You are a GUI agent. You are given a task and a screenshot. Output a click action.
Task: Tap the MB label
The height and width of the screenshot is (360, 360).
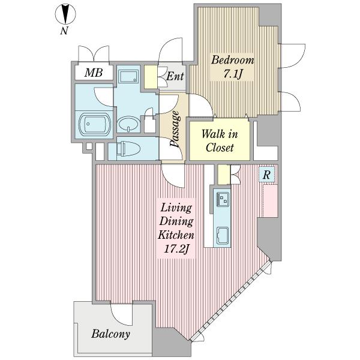coord(94,73)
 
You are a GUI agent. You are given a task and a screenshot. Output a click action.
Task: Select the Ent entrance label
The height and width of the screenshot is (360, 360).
coord(175,76)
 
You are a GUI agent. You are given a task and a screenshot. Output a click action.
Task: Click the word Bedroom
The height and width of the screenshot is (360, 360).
coord(233,60)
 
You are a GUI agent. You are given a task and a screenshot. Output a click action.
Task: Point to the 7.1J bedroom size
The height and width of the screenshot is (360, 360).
coord(233,74)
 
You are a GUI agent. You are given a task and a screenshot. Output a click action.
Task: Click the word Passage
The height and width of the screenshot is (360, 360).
coord(175,128)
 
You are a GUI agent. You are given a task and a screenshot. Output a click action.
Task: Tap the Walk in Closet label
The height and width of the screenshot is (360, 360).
coord(220,141)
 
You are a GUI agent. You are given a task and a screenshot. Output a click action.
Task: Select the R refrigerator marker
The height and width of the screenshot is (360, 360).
coord(266,175)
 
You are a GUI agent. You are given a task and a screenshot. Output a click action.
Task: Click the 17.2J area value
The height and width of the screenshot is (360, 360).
coord(176,249)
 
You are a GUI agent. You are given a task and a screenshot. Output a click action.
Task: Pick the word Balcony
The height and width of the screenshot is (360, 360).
coord(110,334)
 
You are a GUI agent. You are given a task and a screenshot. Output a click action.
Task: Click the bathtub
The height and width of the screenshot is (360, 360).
coord(95,124)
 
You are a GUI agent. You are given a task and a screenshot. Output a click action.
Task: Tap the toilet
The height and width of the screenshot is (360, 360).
coord(128,149)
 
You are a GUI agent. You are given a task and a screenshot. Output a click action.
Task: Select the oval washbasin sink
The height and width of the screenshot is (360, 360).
coord(128,124)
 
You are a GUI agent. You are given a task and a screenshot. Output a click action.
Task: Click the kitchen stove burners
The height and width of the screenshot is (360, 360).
coord(223,199)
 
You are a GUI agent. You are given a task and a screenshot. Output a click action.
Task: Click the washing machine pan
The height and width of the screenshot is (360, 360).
coord(128,76)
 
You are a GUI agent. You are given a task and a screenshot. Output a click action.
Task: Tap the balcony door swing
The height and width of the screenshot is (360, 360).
coord(121,314)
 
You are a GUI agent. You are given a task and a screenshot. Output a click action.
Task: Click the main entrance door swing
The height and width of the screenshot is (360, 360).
coord(170,50)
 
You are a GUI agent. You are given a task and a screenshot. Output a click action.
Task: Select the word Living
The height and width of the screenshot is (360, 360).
coord(176,208)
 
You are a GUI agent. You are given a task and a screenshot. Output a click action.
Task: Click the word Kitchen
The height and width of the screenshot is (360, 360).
coord(176,235)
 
